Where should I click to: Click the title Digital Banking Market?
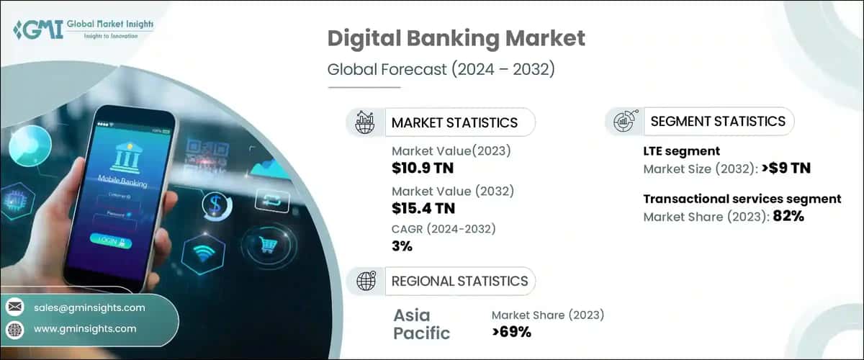(x=456, y=38)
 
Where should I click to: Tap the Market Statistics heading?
(x=454, y=122)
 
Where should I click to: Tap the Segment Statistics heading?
(x=718, y=122)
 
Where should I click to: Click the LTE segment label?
(x=681, y=151)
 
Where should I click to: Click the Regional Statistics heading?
(x=459, y=281)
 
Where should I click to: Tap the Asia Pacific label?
(x=421, y=324)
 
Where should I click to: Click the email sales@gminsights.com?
(x=89, y=307)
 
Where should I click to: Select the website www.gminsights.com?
(x=84, y=328)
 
